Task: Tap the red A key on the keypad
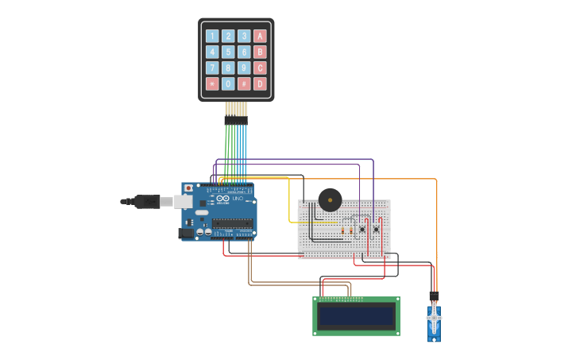pyautogui.click(x=260, y=36)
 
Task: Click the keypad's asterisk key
pyautogui.click(x=212, y=83)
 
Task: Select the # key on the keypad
pyautogui.click(x=244, y=83)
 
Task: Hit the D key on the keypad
pyautogui.click(x=260, y=83)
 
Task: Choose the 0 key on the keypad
pyautogui.click(x=228, y=83)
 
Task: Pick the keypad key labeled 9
pyautogui.click(x=244, y=68)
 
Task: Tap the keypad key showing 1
pyautogui.click(x=212, y=36)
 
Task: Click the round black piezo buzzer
pyautogui.click(x=330, y=199)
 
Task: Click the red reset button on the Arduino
pyautogui.click(x=188, y=188)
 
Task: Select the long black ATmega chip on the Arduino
pyautogui.click(x=232, y=223)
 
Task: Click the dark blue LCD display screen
pyautogui.click(x=357, y=316)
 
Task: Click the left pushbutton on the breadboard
pyautogui.click(x=362, y=230)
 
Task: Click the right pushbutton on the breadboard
pyautogui.click(x=376, y=230)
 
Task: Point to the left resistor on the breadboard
pyautogui.click(x=342, y=230)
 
